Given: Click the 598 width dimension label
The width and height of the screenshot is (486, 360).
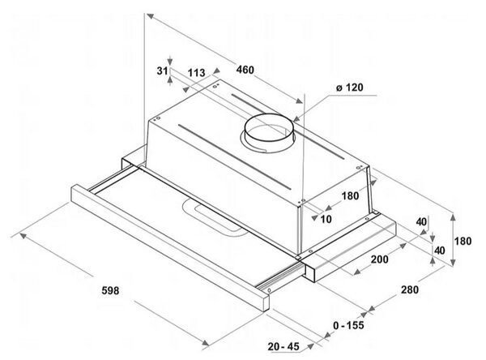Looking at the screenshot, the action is (110, 291).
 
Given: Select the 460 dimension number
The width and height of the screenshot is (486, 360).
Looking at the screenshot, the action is (245, 70).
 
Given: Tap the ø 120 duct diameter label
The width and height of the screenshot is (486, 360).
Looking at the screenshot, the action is (350, 88).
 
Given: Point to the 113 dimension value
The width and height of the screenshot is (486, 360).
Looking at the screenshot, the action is (197, 73).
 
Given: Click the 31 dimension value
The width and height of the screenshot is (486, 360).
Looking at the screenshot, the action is (162, 71).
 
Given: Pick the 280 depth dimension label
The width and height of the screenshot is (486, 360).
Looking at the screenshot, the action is (410, 289).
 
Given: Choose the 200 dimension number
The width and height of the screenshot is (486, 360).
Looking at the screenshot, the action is (380, 259).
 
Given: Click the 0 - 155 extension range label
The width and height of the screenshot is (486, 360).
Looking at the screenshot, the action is (348, 325).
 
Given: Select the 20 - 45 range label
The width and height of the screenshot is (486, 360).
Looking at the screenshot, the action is (284, 346).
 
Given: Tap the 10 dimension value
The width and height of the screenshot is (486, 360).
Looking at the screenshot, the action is (326, 219).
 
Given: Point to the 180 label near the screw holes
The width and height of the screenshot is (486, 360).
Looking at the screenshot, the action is (350, 196).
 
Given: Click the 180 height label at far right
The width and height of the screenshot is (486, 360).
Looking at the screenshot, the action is (463, 241).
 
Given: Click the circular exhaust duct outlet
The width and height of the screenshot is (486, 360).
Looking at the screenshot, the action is (269, 124).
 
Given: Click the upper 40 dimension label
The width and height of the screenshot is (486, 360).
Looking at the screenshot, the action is (421, 222).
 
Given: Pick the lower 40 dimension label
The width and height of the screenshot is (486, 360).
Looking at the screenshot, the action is (440, 251).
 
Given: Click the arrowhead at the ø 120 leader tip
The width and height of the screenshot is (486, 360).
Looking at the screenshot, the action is (296, 119).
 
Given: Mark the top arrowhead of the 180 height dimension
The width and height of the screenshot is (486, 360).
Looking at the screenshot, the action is (453, 217).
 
